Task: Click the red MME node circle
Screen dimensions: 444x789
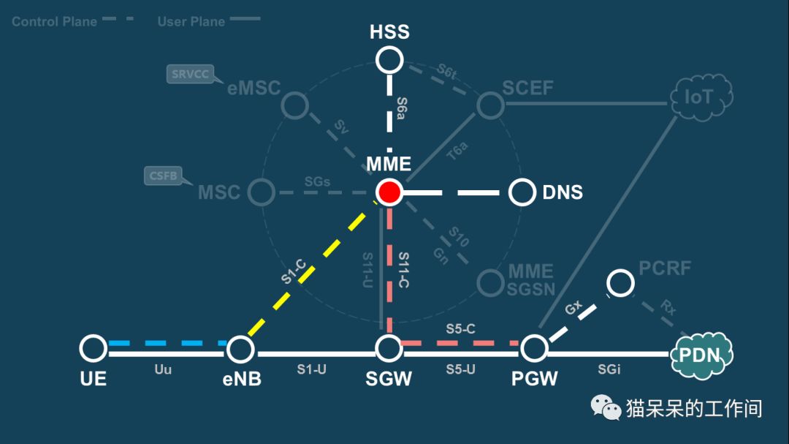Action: [389, 192]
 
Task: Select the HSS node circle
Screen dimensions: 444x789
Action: [389, 60]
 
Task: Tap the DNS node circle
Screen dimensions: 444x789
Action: [522, 192]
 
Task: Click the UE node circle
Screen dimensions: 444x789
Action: [94, 349]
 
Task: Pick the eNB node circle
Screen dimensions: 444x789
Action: [240, 349]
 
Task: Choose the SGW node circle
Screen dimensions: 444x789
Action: [389, 349]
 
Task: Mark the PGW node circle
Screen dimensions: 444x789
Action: [535, 349]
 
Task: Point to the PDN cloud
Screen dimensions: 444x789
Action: [701, 355]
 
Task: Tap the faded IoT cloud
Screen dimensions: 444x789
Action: [701, 96]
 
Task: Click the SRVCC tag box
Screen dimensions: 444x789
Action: [190, 74]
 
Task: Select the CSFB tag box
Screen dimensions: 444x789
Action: [163, 176]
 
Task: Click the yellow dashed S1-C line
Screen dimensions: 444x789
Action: [307, 268]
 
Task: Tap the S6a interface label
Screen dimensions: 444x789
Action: [402, 110]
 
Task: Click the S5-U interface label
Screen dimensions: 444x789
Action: [461, 369]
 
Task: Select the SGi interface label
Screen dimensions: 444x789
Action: [609, 369]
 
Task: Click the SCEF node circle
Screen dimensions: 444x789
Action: [490, 105]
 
